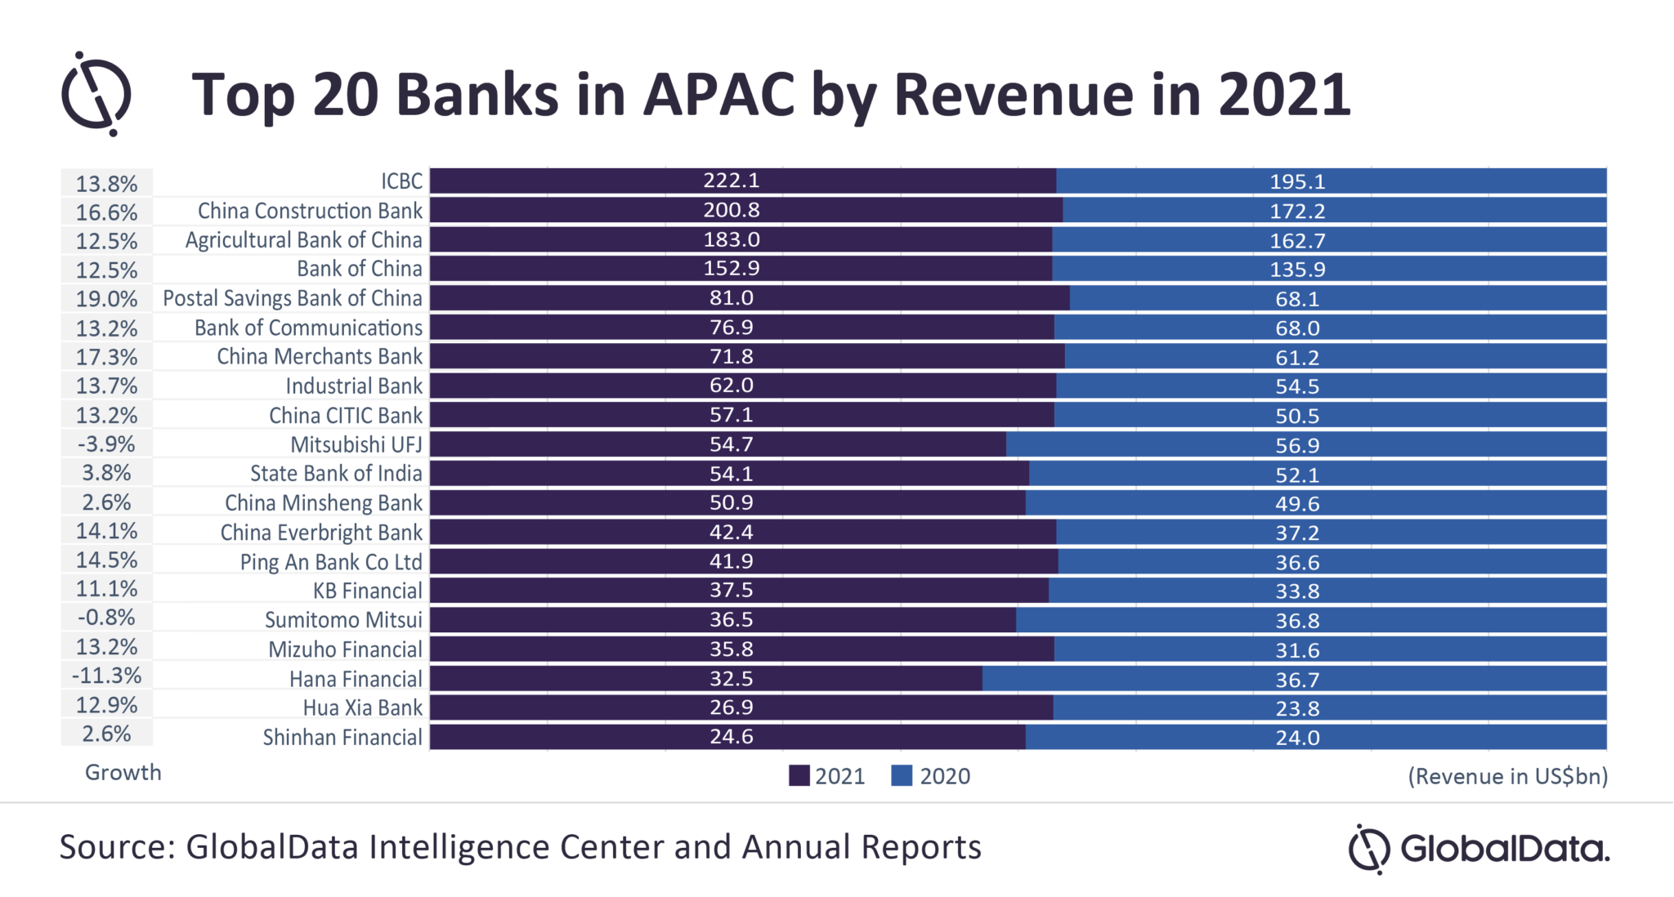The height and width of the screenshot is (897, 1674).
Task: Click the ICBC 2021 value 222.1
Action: coord(731,181)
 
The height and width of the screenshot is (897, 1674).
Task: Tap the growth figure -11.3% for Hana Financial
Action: coord(106,676)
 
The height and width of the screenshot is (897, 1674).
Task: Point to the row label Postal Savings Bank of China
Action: coord(292,298)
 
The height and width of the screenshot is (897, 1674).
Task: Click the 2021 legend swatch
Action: coord(799,776)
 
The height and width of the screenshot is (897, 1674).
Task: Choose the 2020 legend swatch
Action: coord(902,776)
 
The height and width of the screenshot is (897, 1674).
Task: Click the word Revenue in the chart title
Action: coord(1014,95)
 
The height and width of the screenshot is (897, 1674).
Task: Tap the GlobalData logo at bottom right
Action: coord(1478,849)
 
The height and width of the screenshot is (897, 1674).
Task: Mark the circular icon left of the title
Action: coord(96,94)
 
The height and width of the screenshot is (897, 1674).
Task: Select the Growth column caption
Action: coord(123,773)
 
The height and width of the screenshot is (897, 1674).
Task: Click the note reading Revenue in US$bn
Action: coord(1507,776)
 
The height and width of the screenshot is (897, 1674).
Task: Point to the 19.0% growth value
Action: coord(106,299)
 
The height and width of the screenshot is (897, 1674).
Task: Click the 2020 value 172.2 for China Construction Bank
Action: coord(1297,212)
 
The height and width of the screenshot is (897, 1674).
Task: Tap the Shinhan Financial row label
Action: coord(342,738)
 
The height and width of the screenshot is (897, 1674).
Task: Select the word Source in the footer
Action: coord(112,847)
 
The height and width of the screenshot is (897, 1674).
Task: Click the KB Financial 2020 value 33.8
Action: coord(1297,591)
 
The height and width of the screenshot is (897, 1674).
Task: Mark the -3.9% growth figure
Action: coord(106,444)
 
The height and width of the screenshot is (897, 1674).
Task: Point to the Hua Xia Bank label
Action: coord(362,708)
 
